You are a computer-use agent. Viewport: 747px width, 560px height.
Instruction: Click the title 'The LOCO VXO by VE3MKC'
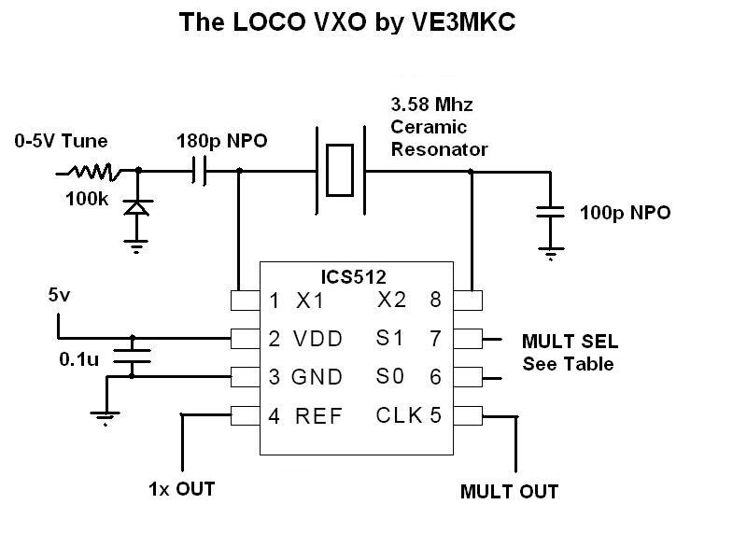coord(346,23)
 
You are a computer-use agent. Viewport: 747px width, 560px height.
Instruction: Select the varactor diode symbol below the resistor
coord(138,206)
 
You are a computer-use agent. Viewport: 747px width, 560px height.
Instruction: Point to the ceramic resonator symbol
coord(340,171)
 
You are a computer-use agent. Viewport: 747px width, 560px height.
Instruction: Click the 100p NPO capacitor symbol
coord(552,212)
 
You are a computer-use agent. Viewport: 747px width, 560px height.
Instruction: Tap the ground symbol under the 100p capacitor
coord(552,251)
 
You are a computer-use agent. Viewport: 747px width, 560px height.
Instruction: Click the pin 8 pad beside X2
coord(468,301)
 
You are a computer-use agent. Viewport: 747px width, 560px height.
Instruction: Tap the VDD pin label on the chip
coord(317,339)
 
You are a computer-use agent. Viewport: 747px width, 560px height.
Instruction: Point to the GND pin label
coord(317,377)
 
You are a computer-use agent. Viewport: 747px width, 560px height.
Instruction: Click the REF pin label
coord(318,415)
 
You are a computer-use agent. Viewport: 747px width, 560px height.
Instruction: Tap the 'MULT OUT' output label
coord(509,492)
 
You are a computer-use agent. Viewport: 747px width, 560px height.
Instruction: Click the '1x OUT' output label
coord(181,488)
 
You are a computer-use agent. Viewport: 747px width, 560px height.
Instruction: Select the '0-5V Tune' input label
coord(61,142)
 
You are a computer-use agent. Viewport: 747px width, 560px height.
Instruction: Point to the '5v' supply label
coord(58,296)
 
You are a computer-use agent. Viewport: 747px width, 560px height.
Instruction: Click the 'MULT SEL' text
coord(570,341)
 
